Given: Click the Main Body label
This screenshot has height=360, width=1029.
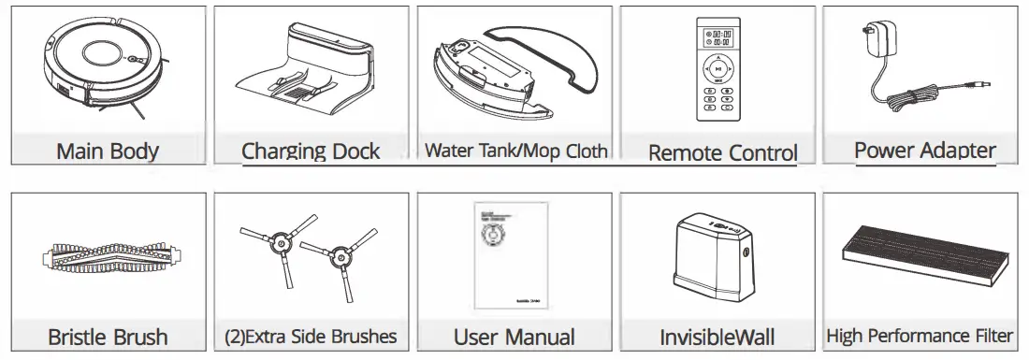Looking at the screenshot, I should point(108,151).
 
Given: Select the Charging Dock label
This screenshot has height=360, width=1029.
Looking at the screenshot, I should point(311,151).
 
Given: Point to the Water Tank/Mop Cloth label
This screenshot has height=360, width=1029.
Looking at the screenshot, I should point(515,151).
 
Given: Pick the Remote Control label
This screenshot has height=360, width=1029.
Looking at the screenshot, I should point(722,152).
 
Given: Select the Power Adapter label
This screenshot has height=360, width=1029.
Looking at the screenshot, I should point(924,150).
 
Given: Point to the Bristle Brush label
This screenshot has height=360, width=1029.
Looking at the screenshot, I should point(108,337).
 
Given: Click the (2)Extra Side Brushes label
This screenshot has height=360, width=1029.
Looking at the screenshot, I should point(312,337).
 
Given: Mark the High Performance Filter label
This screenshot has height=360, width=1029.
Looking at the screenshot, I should point(920,336).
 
